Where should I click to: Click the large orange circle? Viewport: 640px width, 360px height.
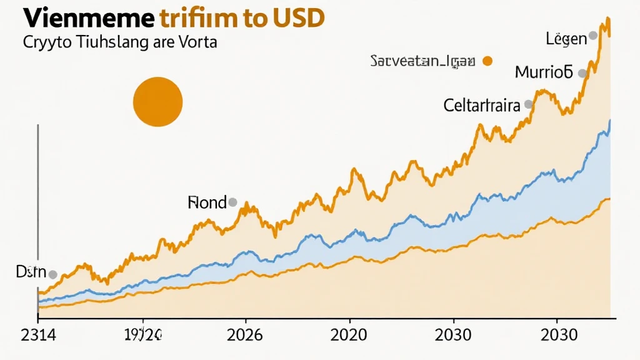[158, 102]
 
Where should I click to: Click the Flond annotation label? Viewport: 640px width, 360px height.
[206, 202]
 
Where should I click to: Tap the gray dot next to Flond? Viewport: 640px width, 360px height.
[232, 202]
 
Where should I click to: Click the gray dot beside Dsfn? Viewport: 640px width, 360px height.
[52, 274]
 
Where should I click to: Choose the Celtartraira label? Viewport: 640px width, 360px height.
[482, 105]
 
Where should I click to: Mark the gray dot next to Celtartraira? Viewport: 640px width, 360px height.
[528, 104]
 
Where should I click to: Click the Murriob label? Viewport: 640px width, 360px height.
[543, 72]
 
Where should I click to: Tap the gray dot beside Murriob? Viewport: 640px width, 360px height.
[582, 73]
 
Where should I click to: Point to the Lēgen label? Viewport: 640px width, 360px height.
[566, 39]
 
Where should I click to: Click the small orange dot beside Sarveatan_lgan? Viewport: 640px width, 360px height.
[487, 61]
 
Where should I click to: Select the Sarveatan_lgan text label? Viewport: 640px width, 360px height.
[423, 61]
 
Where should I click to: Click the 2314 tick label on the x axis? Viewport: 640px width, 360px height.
[38, 335]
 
